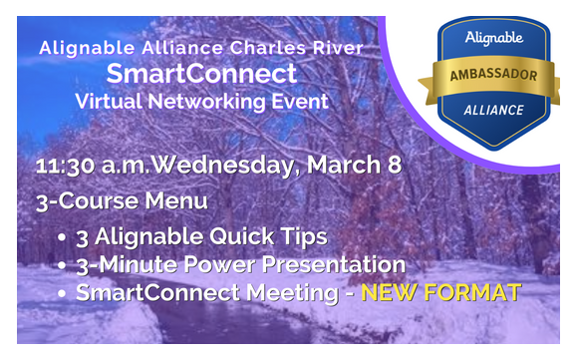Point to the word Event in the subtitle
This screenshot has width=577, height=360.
click(298, 101)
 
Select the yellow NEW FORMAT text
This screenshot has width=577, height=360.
click(440, 293)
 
